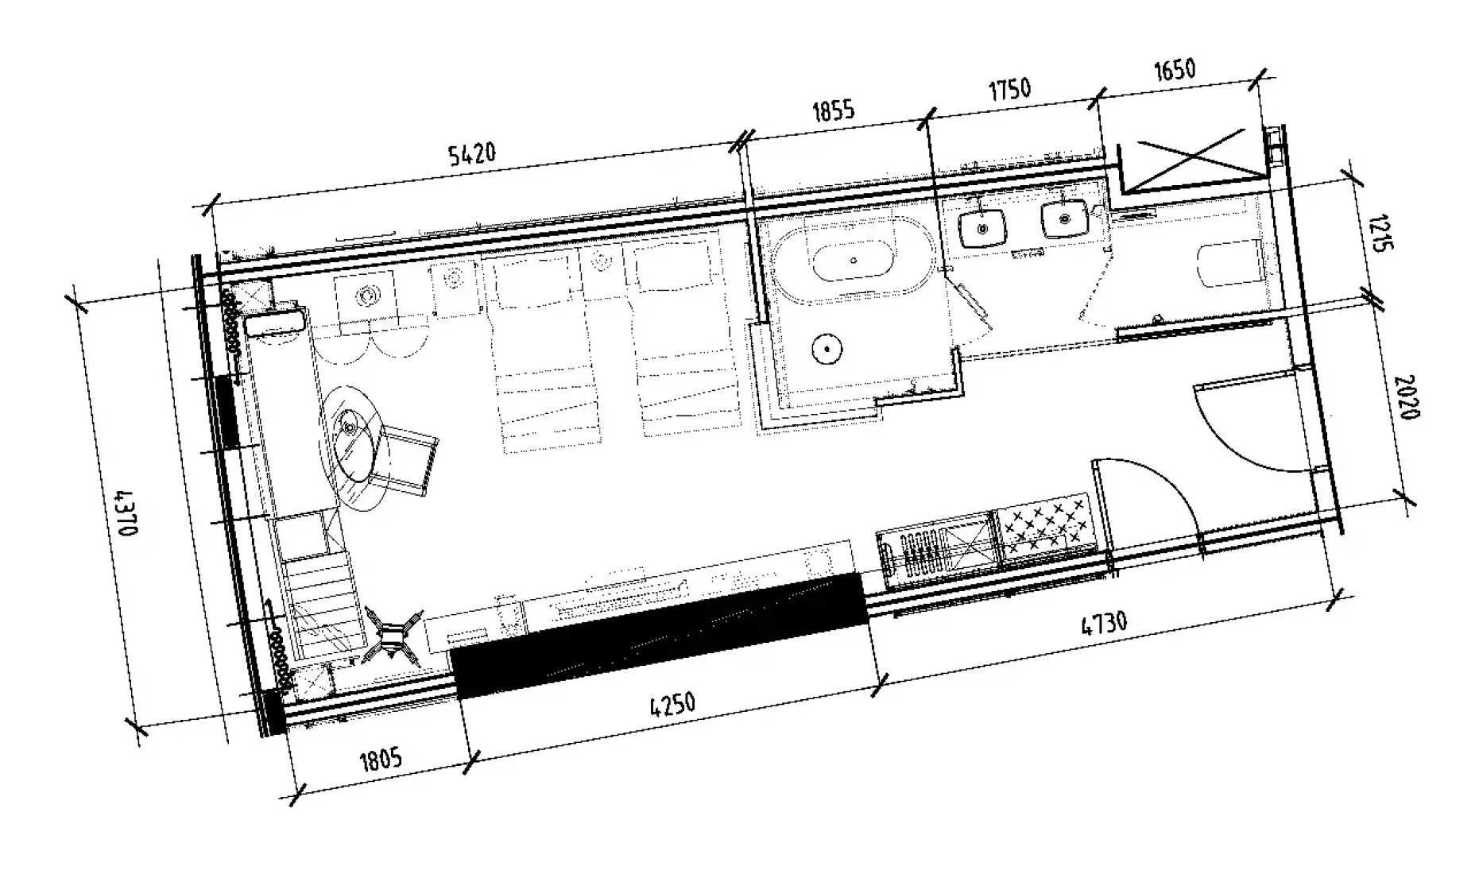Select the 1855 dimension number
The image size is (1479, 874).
833,110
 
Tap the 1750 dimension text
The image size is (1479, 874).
1009,87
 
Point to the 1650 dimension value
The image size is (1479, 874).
1173,70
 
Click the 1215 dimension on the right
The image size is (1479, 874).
1381,232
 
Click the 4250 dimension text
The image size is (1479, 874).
672,705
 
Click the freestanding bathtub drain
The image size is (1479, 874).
854,260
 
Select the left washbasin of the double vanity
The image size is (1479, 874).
983,229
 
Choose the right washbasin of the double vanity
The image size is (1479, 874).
1063,218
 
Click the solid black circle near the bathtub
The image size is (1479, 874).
827,348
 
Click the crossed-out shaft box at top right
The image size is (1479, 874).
1191,161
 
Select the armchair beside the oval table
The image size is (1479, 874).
409,459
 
